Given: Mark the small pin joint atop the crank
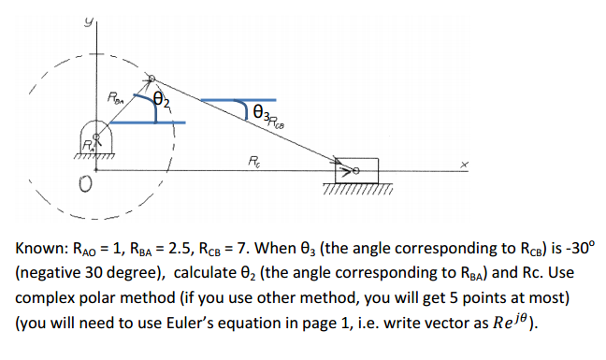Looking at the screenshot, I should [153, 81].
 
